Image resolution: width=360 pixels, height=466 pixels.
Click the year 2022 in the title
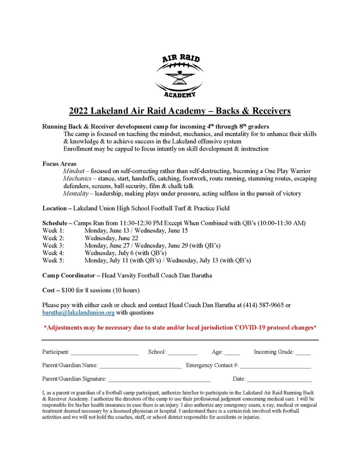point(79,111)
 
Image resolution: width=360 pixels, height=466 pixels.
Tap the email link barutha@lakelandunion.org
point(78,313)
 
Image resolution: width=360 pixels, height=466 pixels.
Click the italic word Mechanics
point(78,178)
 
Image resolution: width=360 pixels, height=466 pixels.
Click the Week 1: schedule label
point(53,231)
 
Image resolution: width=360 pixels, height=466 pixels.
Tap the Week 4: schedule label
point(53,253)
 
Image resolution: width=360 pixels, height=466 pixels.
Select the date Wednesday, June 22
point(112,238)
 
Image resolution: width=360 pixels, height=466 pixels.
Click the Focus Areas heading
point(59,163)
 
